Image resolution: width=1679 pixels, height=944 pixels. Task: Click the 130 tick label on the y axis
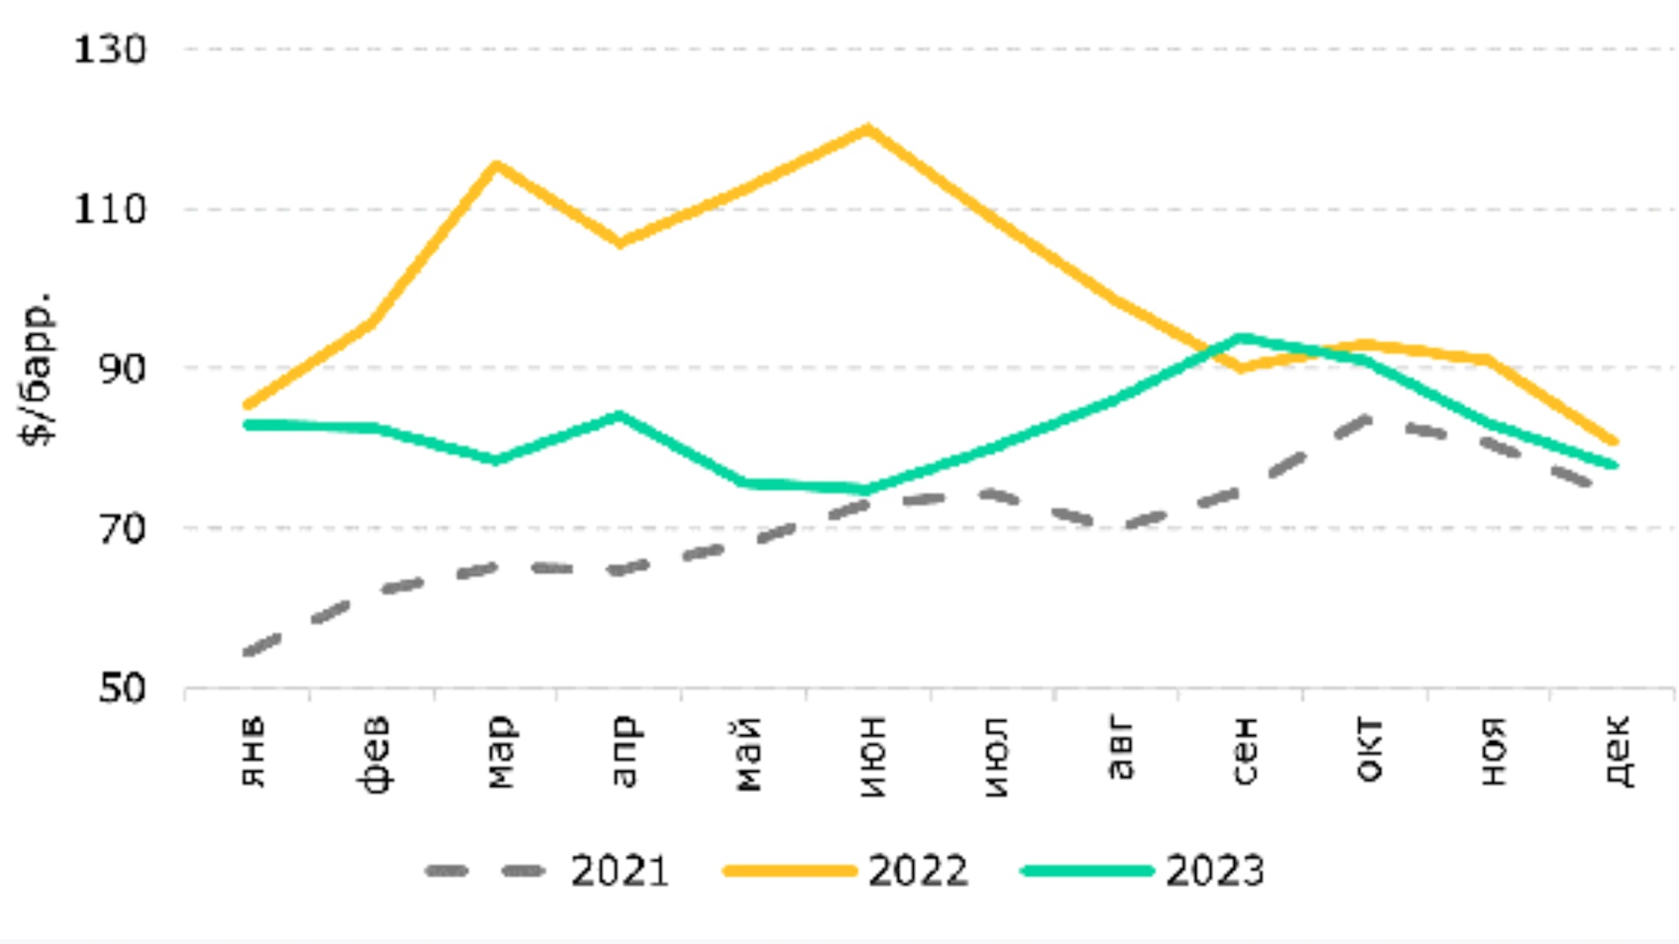pyautogui.click(x=109, y=50)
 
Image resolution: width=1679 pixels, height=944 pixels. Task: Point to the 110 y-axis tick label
pyautogui.click(x=109, y=210)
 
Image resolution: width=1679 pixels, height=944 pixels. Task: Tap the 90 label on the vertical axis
pyautogui.click(x=122, y=369)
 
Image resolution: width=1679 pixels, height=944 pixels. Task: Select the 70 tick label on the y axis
pyautogui.click(x=122, y=529)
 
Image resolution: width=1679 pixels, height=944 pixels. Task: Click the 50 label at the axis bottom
pyautogui.click(x=122, y=689)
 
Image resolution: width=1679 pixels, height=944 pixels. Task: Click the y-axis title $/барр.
pyautogui.click(x=37, y=369)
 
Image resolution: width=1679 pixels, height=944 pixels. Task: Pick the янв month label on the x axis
pyautogui.click(x=253, y=752)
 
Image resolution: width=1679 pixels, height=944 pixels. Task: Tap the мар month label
pyautogui.click(x=500, y=752)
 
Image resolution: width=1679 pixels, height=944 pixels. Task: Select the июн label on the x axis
pyautogui.click(x=872, y=756)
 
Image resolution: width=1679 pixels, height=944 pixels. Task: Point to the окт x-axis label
pyautogui.click(x=1369, y=750)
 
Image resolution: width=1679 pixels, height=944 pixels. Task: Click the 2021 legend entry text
pyautogui.click(x=620, y=871)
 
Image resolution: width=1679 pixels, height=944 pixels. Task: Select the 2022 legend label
pyautogui.click(x=918, y=871)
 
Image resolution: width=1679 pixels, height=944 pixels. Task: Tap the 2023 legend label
pyautogui.click(x=1216, y=871)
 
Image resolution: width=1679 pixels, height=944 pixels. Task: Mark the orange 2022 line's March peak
pyautogui.click(x=496, y=165)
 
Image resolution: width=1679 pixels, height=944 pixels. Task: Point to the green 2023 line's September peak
pyautogui.click(x=1242, y=337)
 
